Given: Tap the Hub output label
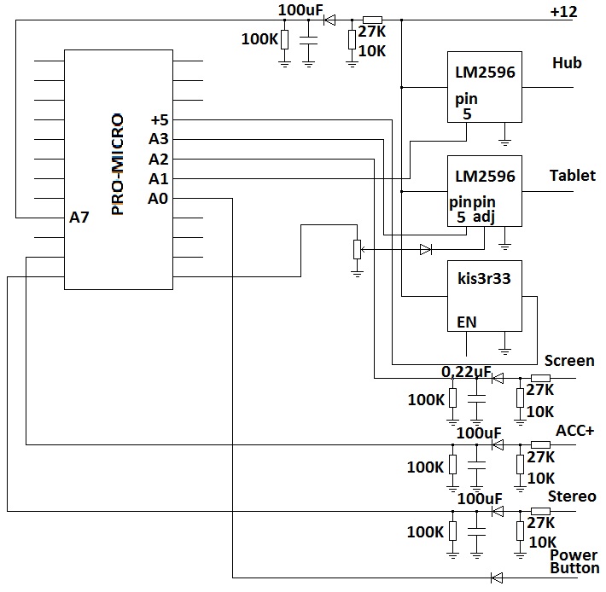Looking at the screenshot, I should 567,63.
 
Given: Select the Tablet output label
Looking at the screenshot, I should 572,176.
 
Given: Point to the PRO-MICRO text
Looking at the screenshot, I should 119,164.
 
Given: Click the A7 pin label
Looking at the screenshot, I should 79,218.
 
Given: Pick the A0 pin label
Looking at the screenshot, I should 158,199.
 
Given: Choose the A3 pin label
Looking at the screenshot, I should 158,139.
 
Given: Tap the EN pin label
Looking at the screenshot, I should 467,322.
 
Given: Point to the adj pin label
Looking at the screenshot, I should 484,218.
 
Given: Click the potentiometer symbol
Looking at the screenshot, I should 357,249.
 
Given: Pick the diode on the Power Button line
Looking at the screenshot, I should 497,577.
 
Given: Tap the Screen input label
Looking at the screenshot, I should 568,361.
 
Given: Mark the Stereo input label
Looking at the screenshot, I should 572,496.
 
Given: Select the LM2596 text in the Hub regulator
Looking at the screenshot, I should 485,73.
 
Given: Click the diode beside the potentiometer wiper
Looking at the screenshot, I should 426,249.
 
